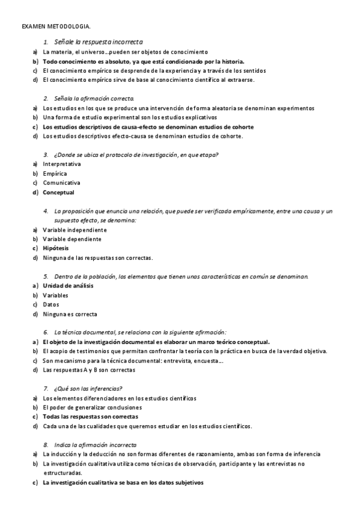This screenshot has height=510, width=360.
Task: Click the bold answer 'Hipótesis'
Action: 55,248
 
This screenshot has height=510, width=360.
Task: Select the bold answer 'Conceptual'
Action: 58,192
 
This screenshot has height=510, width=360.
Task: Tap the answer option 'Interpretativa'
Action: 62,164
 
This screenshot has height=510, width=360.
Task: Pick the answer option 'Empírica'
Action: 55,173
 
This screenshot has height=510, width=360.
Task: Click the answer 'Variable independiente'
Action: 75,229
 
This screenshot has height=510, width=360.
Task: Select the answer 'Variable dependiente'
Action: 72,239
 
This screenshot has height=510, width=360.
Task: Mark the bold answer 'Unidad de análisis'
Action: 68,286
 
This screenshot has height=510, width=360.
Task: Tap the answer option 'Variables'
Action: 55,295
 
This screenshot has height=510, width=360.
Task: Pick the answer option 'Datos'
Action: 51,304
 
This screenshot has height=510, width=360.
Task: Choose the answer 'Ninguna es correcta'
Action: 70,314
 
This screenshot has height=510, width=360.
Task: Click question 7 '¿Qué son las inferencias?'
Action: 88,388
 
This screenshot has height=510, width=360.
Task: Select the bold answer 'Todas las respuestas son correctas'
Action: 90,416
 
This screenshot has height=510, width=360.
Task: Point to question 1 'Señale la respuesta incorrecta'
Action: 98,42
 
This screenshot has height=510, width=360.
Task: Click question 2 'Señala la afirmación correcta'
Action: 94,98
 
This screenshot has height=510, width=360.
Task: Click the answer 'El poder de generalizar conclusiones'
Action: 90,407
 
